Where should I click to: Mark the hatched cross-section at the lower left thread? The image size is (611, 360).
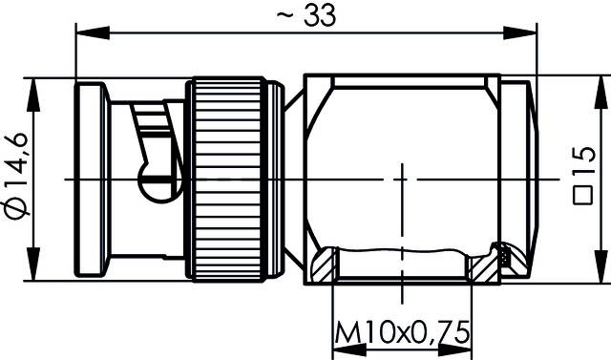pyautogui.click(x=325, y=265)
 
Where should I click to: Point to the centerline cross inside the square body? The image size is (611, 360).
pyautogui.click(x=402, y=180)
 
